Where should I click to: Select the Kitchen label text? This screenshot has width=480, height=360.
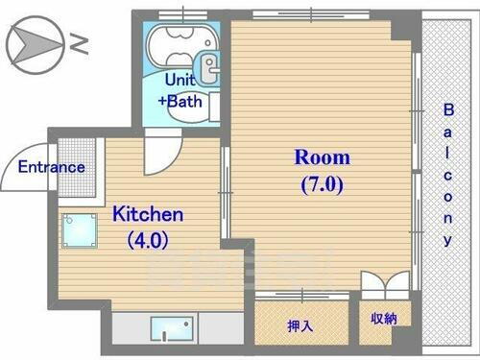tap(148, 213)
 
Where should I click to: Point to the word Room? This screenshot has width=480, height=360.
tap(322, 156)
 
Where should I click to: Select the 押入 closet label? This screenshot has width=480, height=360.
tap(300, 326)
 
